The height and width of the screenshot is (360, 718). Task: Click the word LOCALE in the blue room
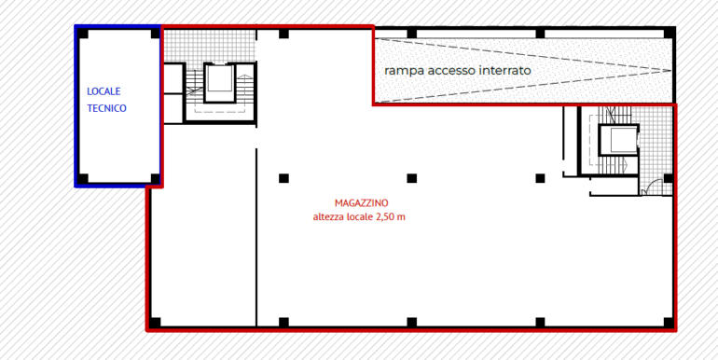[104, 91]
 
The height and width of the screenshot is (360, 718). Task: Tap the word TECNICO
[106, 108]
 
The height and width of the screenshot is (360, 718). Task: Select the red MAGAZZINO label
[361, 202]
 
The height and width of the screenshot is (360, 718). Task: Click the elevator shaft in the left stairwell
[220, 83]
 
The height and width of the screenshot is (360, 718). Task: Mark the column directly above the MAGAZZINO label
[411, 178]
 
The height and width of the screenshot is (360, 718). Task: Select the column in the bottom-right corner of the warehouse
[668, 323]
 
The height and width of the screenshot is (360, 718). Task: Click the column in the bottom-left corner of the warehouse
[155, 323]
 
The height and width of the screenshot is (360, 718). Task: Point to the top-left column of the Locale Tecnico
[83, 35]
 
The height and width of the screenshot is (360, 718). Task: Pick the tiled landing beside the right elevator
[657, 140]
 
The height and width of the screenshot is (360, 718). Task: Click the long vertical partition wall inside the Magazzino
[256, 233]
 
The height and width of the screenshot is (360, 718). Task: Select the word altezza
[330, 217]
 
